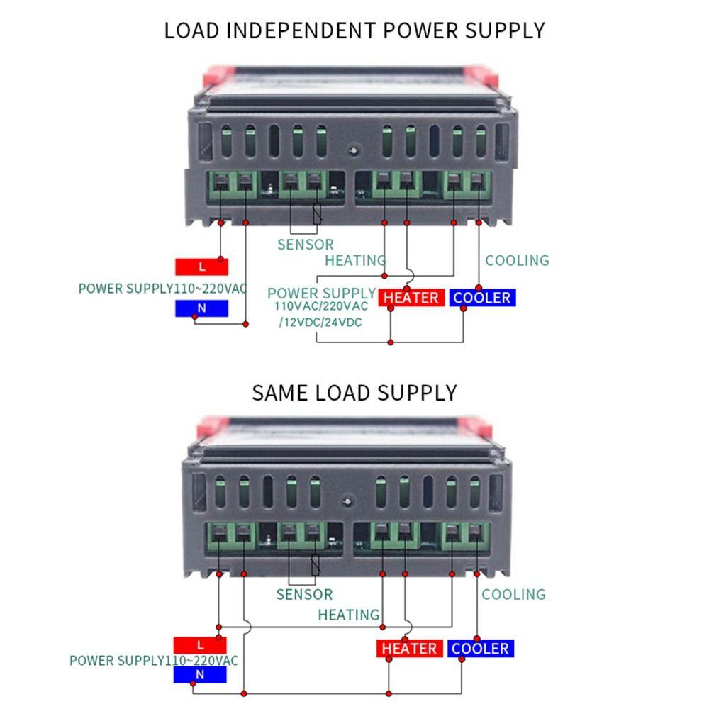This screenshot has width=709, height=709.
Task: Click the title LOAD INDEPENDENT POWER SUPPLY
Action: coord(354,30)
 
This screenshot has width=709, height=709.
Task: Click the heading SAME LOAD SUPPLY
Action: coord(354,392)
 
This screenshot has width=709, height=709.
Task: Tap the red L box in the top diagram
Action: coord(202,267)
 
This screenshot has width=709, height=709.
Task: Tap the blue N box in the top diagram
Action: coord(202,308)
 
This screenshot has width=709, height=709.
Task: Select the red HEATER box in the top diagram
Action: coord(411,298)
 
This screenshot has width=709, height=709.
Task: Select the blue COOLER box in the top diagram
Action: coord(482,298)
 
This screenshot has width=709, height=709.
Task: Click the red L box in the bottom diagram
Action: coord(200,645)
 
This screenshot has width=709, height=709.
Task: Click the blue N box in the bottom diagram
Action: coord(200,675)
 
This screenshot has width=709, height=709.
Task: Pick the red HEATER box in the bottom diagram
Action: coord(409,649)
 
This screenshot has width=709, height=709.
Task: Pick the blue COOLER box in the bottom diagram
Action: coord(480,649)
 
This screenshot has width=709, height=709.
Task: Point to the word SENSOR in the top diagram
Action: coord(305,245)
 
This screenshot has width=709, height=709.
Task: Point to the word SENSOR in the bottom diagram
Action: coord(304,595)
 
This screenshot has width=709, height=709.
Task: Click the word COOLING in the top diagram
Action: coord(517,260)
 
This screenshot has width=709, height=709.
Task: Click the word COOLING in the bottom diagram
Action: coord(514,594)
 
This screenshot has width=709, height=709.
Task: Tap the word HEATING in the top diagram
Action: coord(355,260)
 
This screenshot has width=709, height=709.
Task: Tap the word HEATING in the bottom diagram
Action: coord(349,615)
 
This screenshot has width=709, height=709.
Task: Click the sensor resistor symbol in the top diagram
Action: coord(317,214)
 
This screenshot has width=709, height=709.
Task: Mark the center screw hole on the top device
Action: coord(352,150)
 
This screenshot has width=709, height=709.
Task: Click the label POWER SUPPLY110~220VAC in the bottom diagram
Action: coord(154,660)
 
